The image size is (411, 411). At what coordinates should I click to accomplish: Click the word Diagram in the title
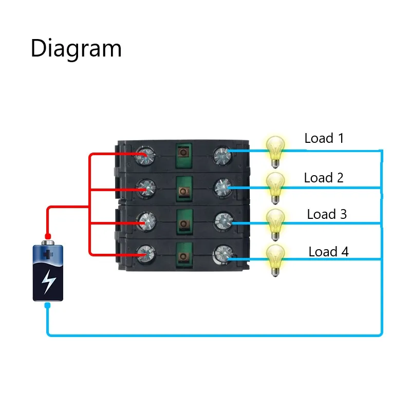click(x=76, y=49)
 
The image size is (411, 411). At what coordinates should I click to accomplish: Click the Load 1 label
click(x=324, y=138)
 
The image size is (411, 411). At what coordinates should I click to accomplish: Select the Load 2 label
click(x=324, y=178)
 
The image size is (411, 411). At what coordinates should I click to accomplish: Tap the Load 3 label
click(x=327, y=214)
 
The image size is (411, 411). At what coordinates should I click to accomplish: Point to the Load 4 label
click(x=328, y=252)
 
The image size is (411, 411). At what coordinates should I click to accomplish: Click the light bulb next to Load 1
click(x=275, y=150)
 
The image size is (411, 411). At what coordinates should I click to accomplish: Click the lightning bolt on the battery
click(x=48, y=282)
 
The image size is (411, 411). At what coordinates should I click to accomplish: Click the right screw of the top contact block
click(x=222, y=155)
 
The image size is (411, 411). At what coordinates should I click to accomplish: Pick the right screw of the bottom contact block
click(x=222, y=253)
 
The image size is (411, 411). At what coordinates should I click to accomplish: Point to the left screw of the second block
click(x=146, y=189)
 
